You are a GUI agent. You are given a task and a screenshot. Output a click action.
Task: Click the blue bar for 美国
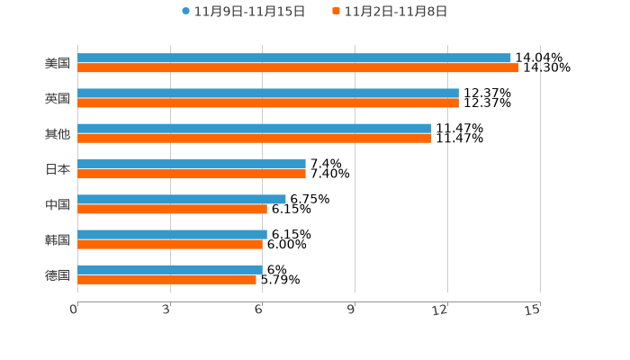pos(294,58)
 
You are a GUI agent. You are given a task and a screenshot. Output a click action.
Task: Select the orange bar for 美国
pos(298,67)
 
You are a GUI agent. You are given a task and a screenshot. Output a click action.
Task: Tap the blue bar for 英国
pos(268,93)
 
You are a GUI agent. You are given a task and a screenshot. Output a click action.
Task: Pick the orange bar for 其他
pos(255,138)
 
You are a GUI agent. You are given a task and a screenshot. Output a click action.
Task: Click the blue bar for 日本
pos(192,164)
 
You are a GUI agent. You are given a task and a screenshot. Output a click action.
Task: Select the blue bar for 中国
pos(182,199)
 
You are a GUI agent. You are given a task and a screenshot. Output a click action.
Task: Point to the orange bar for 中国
pos(172,209)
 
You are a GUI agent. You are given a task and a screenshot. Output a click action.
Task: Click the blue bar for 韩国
pos(172,234)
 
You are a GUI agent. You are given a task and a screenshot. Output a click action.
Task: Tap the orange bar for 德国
pos(167,279)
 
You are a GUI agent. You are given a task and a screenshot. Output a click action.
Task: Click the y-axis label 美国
pos(58,63)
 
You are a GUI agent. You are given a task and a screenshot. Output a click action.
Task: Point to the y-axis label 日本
pos(58,169)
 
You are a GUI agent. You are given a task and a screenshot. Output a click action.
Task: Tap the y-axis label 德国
pos(58,274)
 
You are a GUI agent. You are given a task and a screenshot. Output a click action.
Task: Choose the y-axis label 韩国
pos(58,239)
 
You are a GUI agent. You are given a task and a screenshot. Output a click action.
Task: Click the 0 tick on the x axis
pos(75,310)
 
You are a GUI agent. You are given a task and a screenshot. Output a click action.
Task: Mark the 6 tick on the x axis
pos(259,310)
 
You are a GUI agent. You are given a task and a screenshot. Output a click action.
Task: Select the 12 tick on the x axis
pos(441,310)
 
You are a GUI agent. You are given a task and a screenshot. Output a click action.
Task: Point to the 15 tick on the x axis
pos(533,310)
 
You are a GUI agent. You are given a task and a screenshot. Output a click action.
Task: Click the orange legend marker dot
pos(336,12)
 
